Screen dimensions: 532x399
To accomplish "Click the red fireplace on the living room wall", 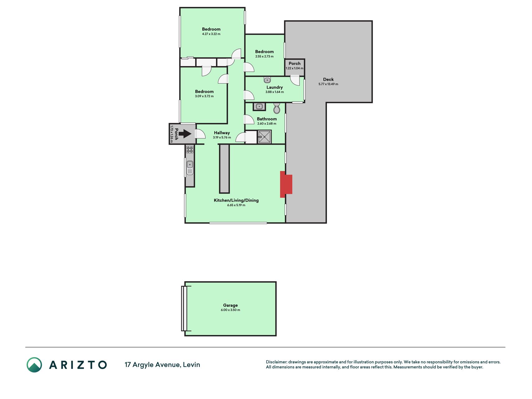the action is point(286,184).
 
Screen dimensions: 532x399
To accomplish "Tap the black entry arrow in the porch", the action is point(185,134).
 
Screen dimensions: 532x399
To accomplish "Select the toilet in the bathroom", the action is point(277,108).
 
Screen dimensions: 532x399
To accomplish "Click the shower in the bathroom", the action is point(264,137).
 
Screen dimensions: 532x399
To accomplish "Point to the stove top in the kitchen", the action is point(189,150).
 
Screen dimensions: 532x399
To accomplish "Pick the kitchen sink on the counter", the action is point(189,168).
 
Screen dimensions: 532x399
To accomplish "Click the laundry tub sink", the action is point(267,80).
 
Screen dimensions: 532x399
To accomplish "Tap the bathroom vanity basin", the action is point(259,107).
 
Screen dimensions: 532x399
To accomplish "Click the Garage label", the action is point(230,305).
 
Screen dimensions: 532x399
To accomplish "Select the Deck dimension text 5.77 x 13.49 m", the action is point(328,84).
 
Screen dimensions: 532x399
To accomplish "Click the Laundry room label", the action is point(275,87).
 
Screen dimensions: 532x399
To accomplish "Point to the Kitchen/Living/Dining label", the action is point(236,200).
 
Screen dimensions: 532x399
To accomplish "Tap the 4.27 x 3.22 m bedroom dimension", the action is point(211,34).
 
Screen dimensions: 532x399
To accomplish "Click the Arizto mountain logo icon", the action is point(34,365).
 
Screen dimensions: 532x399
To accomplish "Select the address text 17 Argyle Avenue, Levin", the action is point(162,365).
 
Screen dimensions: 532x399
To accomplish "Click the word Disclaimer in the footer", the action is point(276,362).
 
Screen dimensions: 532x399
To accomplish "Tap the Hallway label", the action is point(222,133).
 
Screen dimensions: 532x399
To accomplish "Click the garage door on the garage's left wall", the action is point(184,309).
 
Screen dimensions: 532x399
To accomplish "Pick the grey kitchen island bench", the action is point(224,169).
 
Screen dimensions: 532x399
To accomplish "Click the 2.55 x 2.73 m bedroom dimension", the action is point(264,56).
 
